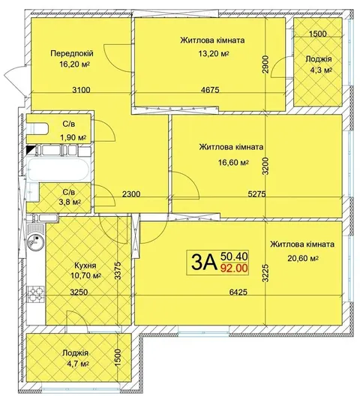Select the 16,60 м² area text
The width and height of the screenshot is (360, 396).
[234, 162]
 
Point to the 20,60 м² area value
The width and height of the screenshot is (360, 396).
[303, 258]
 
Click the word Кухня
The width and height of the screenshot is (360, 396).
[85, 265]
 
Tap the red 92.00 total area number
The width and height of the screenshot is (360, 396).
[234, 268]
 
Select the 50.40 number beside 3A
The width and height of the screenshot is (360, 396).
[234, 256]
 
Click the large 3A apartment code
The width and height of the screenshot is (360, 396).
[204, 262]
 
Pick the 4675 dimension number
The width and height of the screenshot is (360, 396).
[210, 89]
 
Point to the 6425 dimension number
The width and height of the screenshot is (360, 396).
[238, 292]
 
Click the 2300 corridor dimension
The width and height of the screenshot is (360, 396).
[130, 194]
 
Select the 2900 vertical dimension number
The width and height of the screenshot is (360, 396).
[265, 64]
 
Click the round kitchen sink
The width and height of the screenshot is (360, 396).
[35, 241]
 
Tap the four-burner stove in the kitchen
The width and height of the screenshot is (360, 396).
[35, 294]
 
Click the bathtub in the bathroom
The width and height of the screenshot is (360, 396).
[58, 169]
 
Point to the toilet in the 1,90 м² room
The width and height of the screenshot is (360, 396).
[37, 128]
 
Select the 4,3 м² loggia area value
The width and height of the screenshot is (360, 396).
[321, 70]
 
